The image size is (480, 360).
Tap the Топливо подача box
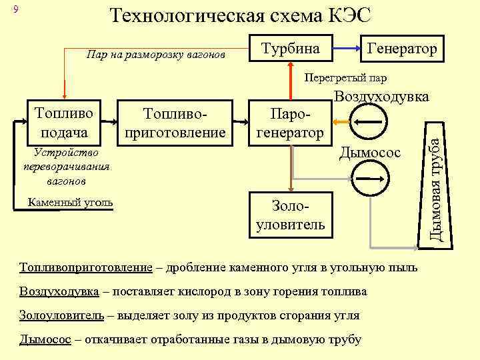point(63,122)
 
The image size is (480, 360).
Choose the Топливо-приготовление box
point(175,122)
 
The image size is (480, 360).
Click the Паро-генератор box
point(289,123)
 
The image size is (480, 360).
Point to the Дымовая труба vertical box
point(435,180)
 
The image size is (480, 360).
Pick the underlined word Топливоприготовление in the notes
point(86,268)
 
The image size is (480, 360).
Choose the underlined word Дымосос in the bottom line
point(45,339)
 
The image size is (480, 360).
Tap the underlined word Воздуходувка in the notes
point(59,292)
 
